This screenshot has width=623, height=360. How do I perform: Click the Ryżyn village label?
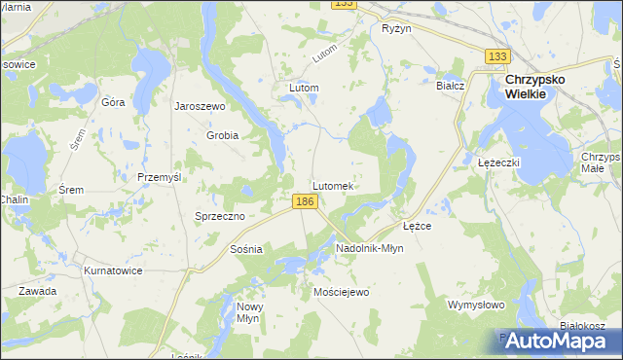click(x=397, y=29)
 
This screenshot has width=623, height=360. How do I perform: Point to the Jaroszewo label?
click(x=200, y=106)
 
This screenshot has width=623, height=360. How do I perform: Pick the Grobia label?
click(x=222, y=135)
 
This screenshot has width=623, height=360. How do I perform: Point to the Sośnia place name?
click(x=246, y=249)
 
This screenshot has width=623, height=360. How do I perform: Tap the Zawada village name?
click(x=36, y=291)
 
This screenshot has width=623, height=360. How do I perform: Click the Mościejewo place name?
click(x=342, y=292)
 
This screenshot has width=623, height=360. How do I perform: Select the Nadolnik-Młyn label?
click(x=369, y=248)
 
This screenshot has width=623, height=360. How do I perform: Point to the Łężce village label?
click(x=418, y=226)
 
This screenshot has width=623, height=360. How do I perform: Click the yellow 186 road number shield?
click(x=305, y=200)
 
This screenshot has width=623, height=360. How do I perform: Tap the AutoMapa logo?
click(x=552, y=341)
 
